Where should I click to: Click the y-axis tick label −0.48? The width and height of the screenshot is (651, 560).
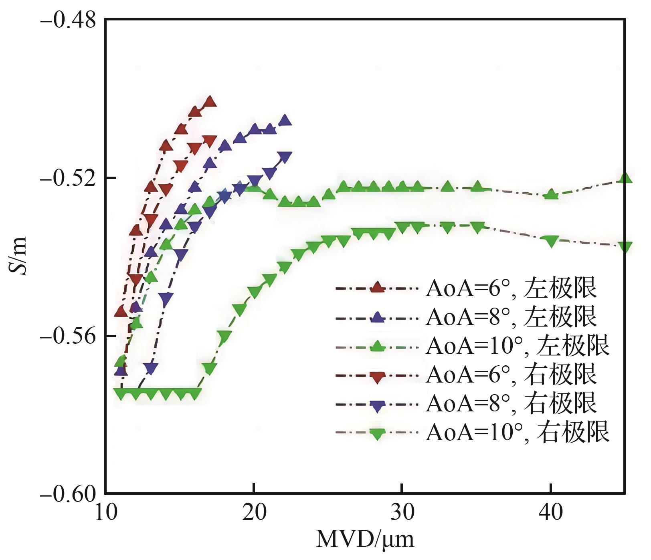point(69,20)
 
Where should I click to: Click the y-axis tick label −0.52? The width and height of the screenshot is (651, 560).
point(69,178)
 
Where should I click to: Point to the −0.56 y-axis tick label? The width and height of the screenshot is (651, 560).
point(69,336)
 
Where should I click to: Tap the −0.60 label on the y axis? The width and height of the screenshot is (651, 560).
point(69,494)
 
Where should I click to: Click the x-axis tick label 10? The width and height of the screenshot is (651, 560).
point(106,513)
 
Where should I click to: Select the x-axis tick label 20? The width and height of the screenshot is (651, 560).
point(254,513)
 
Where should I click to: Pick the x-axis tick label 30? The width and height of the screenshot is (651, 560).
point(402,513)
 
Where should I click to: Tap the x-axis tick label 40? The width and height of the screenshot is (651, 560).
point(550,513)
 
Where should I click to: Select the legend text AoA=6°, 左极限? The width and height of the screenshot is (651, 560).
point(511,288)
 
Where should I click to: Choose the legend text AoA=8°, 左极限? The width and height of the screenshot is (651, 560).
point(511,317)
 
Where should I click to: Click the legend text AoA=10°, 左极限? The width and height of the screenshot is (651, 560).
point(518,346)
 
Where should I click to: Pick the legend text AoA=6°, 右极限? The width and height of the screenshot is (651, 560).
point(511,375)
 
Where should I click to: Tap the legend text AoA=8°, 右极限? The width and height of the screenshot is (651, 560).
point(511,403)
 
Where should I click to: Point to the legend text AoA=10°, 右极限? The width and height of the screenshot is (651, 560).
point(518,432)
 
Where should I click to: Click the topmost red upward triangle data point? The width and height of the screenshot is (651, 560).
point(210,102)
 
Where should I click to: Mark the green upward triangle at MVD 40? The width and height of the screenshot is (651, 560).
point(552,195)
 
